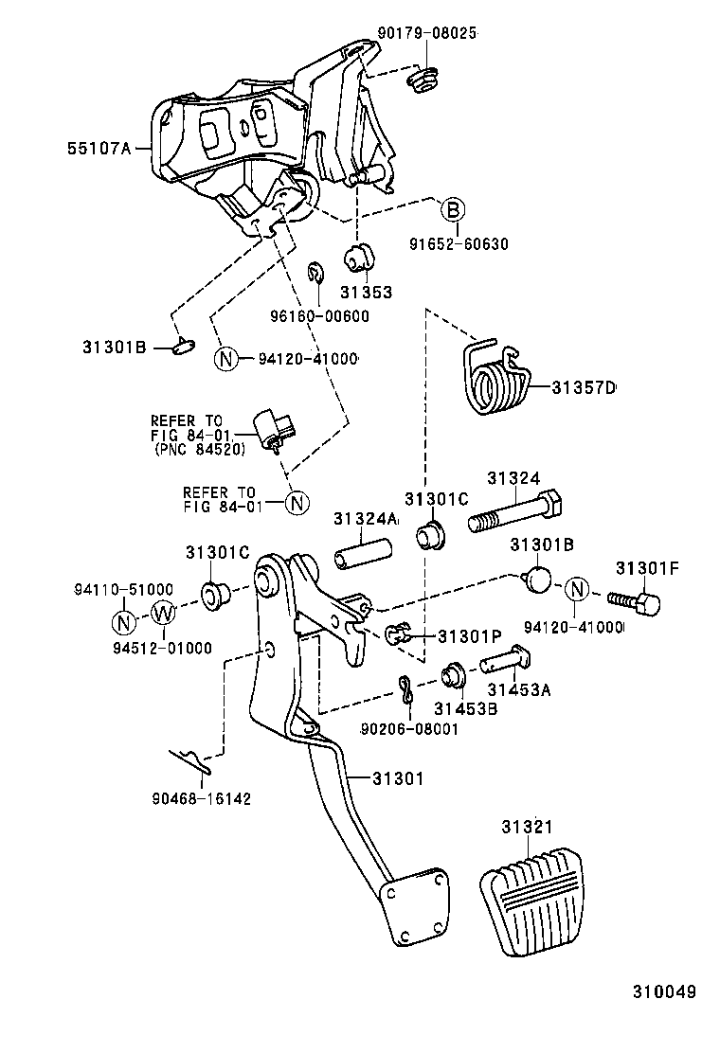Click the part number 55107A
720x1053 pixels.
(98, 149)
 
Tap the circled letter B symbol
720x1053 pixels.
(453, 209)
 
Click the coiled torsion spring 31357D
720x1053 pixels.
(496, 379)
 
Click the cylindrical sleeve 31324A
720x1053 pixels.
(361, 555)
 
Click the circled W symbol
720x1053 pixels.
(164, 614)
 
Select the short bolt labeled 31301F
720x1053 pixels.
(637, 601)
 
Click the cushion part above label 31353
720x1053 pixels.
(358, 257)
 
